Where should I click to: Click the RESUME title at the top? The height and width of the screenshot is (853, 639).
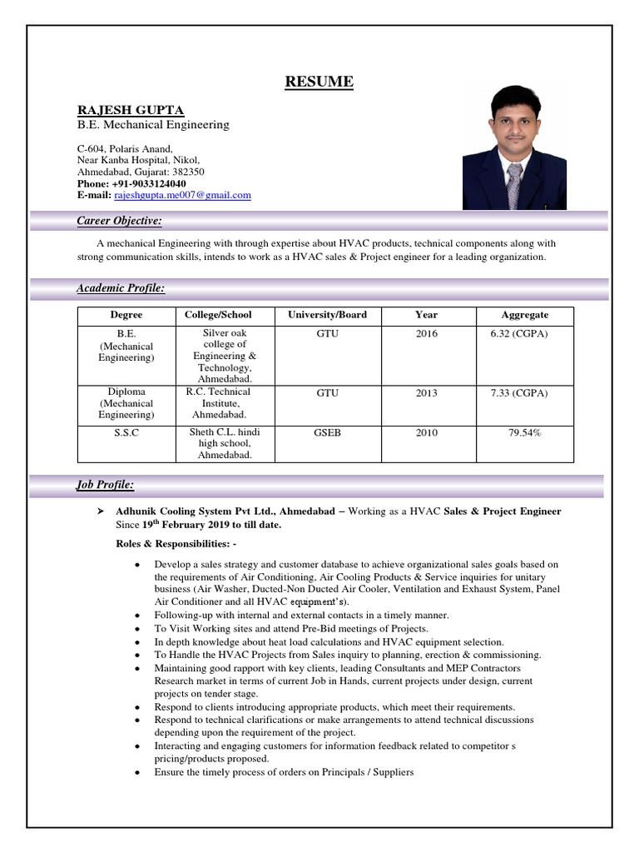pos(319,82)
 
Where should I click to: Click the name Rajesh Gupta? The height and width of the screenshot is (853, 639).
pos(131,110)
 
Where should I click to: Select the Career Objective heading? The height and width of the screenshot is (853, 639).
pos(119,221)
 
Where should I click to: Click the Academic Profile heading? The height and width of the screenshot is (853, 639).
pos(121,288)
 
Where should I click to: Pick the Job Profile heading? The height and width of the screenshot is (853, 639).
pos(105,485)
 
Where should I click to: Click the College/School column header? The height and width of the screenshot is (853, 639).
pos(218,315)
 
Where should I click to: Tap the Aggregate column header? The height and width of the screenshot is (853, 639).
pos(524,315)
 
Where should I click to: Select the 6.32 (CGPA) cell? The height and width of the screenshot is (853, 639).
pos(519,333)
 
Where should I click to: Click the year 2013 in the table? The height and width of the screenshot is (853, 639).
pos(426,393)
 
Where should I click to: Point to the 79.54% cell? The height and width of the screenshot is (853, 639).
pos(525,433)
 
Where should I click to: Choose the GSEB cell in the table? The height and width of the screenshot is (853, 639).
pos(327,433)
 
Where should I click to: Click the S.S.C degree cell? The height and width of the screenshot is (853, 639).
pos(126,433)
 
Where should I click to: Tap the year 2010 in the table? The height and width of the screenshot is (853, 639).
pos(426,433)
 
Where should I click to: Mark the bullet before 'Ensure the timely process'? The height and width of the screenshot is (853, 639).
pos(136,773)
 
